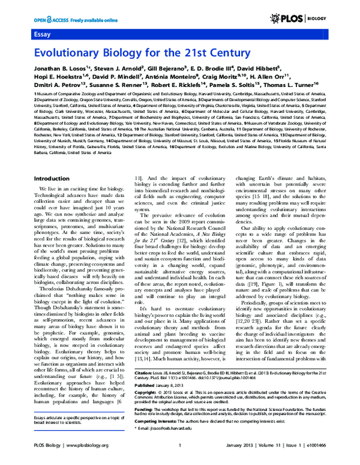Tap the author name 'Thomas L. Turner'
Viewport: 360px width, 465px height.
(292, 86)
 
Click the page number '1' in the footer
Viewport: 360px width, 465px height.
(180, 461)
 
